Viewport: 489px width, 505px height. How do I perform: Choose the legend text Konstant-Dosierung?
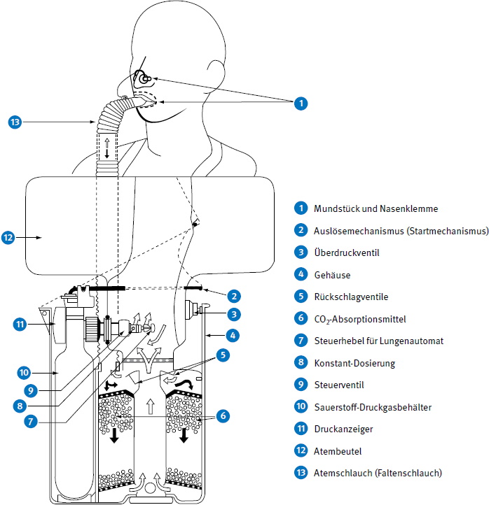[355, 363]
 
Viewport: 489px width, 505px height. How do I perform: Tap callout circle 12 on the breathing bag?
[8, 238]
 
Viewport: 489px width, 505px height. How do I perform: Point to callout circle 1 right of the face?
[301, 103]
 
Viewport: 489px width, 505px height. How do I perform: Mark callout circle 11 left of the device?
[20, 324]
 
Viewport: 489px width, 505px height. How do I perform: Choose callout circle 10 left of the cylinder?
[23, 371]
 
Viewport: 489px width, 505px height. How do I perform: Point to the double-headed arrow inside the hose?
[106, 148]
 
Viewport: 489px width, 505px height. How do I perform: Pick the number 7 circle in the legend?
[301, 341]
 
